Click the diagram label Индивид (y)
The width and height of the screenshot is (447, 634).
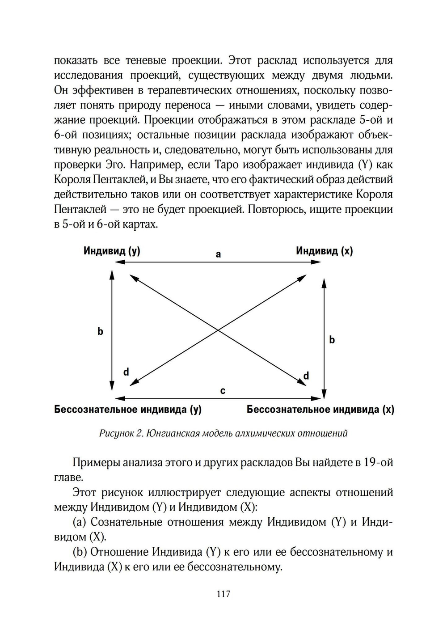coord(112,251)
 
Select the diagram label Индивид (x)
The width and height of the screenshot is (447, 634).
coord(324,251)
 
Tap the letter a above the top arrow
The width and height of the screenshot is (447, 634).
coord(218,254)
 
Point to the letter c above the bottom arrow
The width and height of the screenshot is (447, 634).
coord(223,391)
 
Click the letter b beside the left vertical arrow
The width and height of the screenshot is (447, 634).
coord(100,331)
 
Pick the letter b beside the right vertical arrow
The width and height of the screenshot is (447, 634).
coord(332,340)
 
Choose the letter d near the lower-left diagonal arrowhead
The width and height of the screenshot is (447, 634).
coord(126,372)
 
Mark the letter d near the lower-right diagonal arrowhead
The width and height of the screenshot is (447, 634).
coord(306,376)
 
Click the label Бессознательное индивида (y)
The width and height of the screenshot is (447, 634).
coord(128,410)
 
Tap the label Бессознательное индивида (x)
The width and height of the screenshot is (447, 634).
coord(320,410)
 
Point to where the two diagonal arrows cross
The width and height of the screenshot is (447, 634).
coord(218,330)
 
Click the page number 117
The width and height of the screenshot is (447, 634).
coord(223,594)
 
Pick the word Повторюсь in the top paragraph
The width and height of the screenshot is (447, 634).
coord(276,209)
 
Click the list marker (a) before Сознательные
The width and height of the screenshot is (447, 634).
coord(80,522)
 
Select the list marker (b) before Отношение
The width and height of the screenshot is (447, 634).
coord(80,552)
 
